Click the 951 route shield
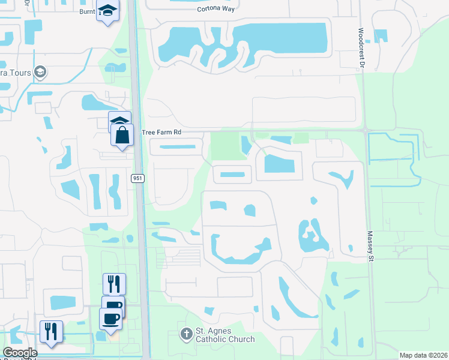click(x=137, y=178)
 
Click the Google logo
click(x=20, y=352)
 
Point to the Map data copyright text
click(x=423, y=355)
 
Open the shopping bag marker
click(x=122, y=135)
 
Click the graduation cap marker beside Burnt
click(x=108, y=11)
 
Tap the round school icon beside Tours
click(x=40, y=73)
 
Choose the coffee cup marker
click(x=110, y=319)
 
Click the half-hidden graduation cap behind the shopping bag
click(x=119, y=118)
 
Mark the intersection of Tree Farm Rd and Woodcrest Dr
click(x=364, y=130)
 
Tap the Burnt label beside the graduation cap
click(x=88, y=11)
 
